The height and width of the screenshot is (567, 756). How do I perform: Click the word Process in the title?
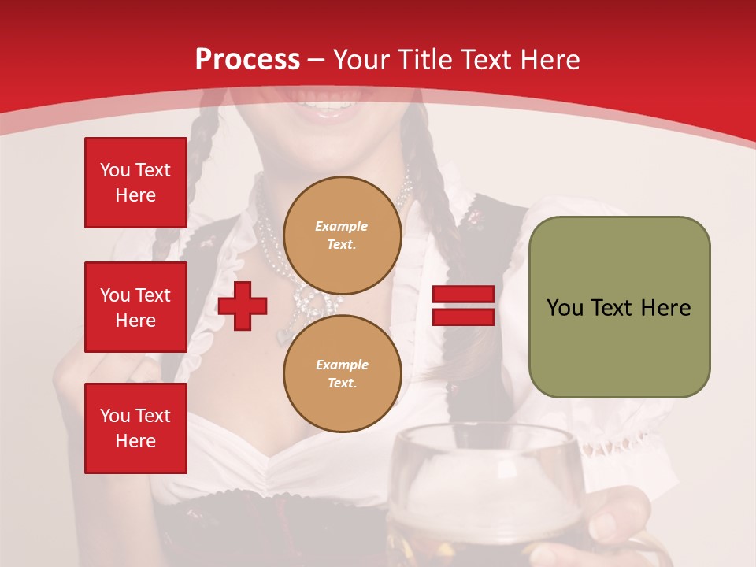(247, 60)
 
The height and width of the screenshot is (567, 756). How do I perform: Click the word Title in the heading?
(427, 60)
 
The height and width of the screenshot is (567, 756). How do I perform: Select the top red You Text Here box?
(135, 183)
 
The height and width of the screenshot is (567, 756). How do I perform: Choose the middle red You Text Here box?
(135, 307)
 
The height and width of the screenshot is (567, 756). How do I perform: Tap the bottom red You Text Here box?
(135, 428)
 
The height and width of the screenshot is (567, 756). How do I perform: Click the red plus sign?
(243, 306)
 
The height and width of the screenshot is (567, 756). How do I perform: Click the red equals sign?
(464, 306)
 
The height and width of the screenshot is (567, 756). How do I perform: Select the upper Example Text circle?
(342, 235)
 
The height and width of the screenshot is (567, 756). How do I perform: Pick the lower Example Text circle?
(342, 374)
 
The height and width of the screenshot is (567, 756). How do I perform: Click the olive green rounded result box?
(619, 346)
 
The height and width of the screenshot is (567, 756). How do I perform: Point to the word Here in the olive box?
(665, 308)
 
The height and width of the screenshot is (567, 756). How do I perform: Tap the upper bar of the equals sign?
(464, 295)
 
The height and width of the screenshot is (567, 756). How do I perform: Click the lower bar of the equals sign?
(464, 317)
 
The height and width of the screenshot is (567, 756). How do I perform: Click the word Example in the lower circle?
(342, 365)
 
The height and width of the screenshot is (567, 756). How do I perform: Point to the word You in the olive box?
(565, 308)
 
